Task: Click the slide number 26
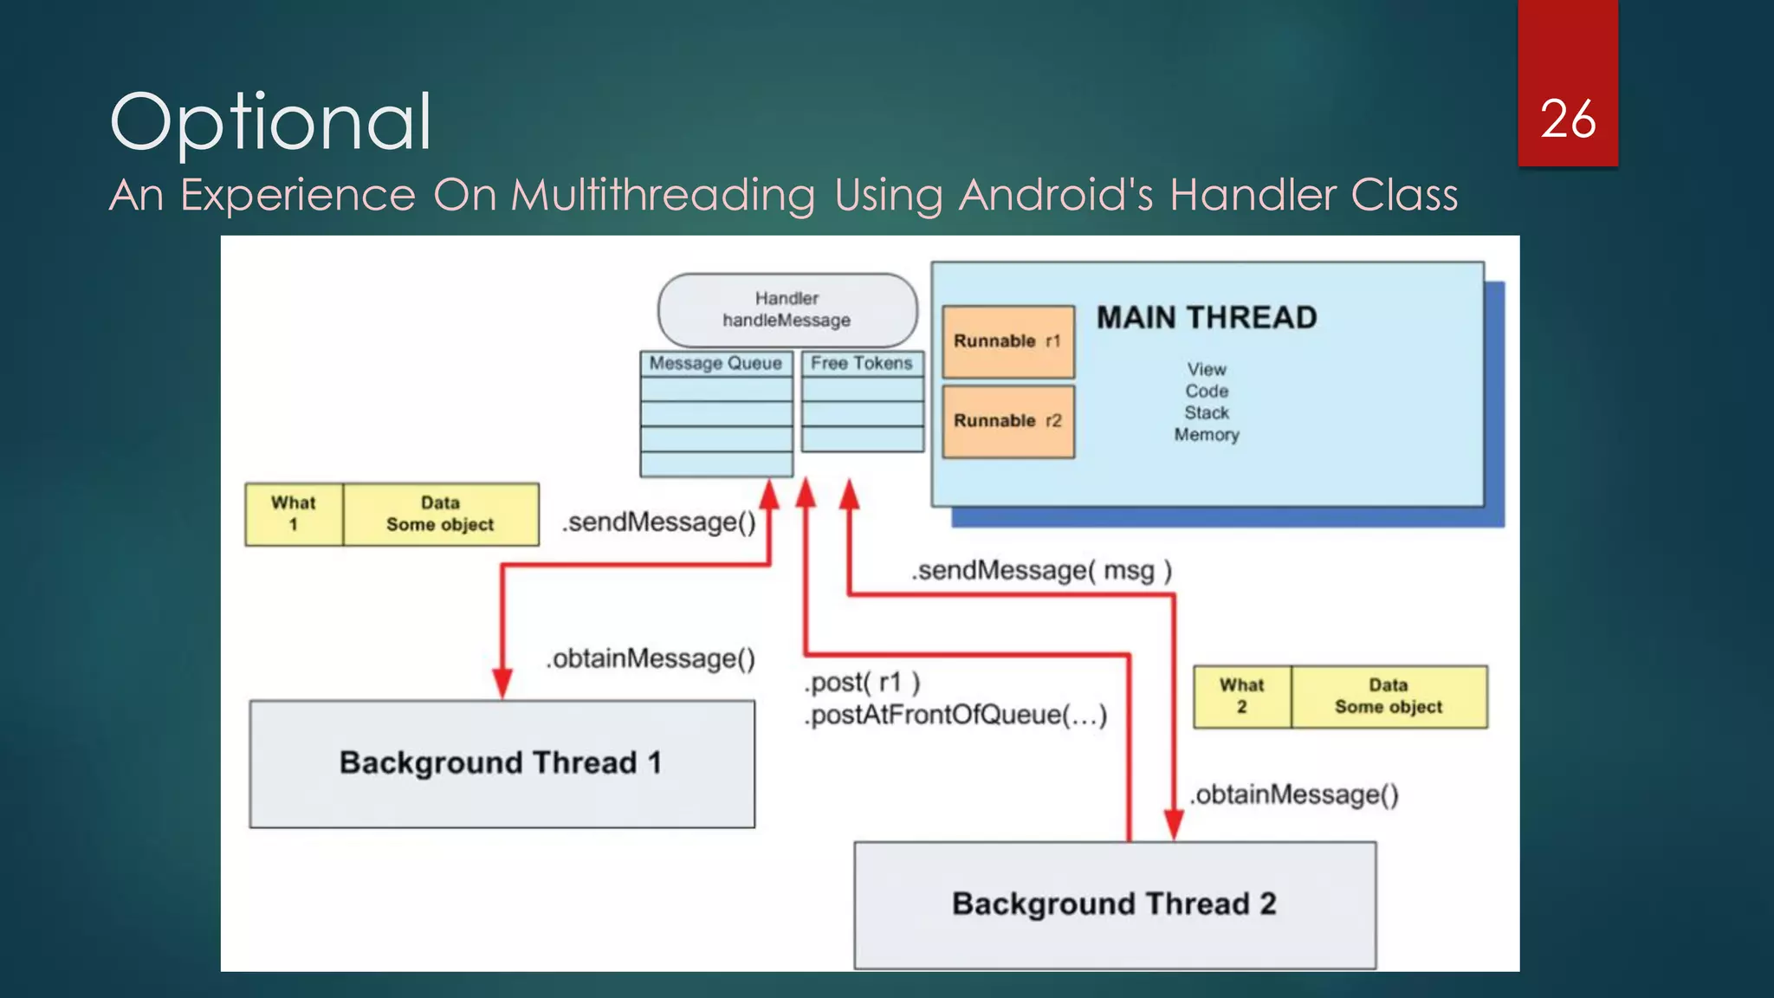(1567, 120)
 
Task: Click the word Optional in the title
(270, 123)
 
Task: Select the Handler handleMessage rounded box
(787, 310)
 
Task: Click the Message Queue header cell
(715, 364)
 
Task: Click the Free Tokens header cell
(862, 364)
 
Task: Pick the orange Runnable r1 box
(1007, 341)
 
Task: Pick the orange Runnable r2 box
(1007, 421)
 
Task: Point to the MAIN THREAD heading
(1206, 318)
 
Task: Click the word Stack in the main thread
(1206, 413)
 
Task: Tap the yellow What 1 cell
(294, 514)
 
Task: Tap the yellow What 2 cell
(1241, 697)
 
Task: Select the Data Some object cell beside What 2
(1389, 697)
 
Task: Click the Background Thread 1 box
(502, 763)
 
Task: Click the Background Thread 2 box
(1114, 904)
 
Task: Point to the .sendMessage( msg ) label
(1041, 571)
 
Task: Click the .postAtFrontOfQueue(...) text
(955, 716)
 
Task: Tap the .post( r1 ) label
(862, 683)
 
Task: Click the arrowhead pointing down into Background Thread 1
(502, 684)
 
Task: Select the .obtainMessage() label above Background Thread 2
(1294, 794)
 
